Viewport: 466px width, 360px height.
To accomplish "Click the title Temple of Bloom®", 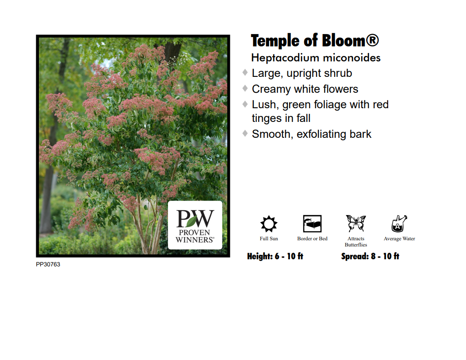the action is coord(315,41).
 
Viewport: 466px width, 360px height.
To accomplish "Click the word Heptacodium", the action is coord(285,58).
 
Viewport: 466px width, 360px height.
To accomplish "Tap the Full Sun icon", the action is coord(269,224).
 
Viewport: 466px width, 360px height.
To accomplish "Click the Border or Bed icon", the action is coord(312,224).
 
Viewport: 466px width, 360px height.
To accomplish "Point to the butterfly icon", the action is coord(356,224).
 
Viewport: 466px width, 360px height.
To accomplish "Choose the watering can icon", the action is coord(399,224).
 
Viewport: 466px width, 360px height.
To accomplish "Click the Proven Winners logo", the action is coord(195,225).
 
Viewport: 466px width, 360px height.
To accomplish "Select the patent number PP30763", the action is coord(48,264).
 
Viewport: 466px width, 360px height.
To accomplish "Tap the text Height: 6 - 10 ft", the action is coord(275,256).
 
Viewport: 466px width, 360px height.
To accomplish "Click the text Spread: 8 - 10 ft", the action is coord(371,256).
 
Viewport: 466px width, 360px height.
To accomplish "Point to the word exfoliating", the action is coord(321,134).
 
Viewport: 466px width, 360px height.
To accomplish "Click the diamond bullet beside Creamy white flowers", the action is coord(245,88).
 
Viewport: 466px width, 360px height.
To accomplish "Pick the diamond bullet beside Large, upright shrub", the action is coord(245,72).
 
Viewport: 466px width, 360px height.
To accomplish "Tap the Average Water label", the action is coord(399,239).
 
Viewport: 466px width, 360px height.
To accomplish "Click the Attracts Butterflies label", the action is coord(356,242).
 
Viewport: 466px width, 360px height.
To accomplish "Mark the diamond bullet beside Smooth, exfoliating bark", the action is coord(245,133).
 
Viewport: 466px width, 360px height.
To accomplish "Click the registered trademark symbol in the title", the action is coord(372,40).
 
